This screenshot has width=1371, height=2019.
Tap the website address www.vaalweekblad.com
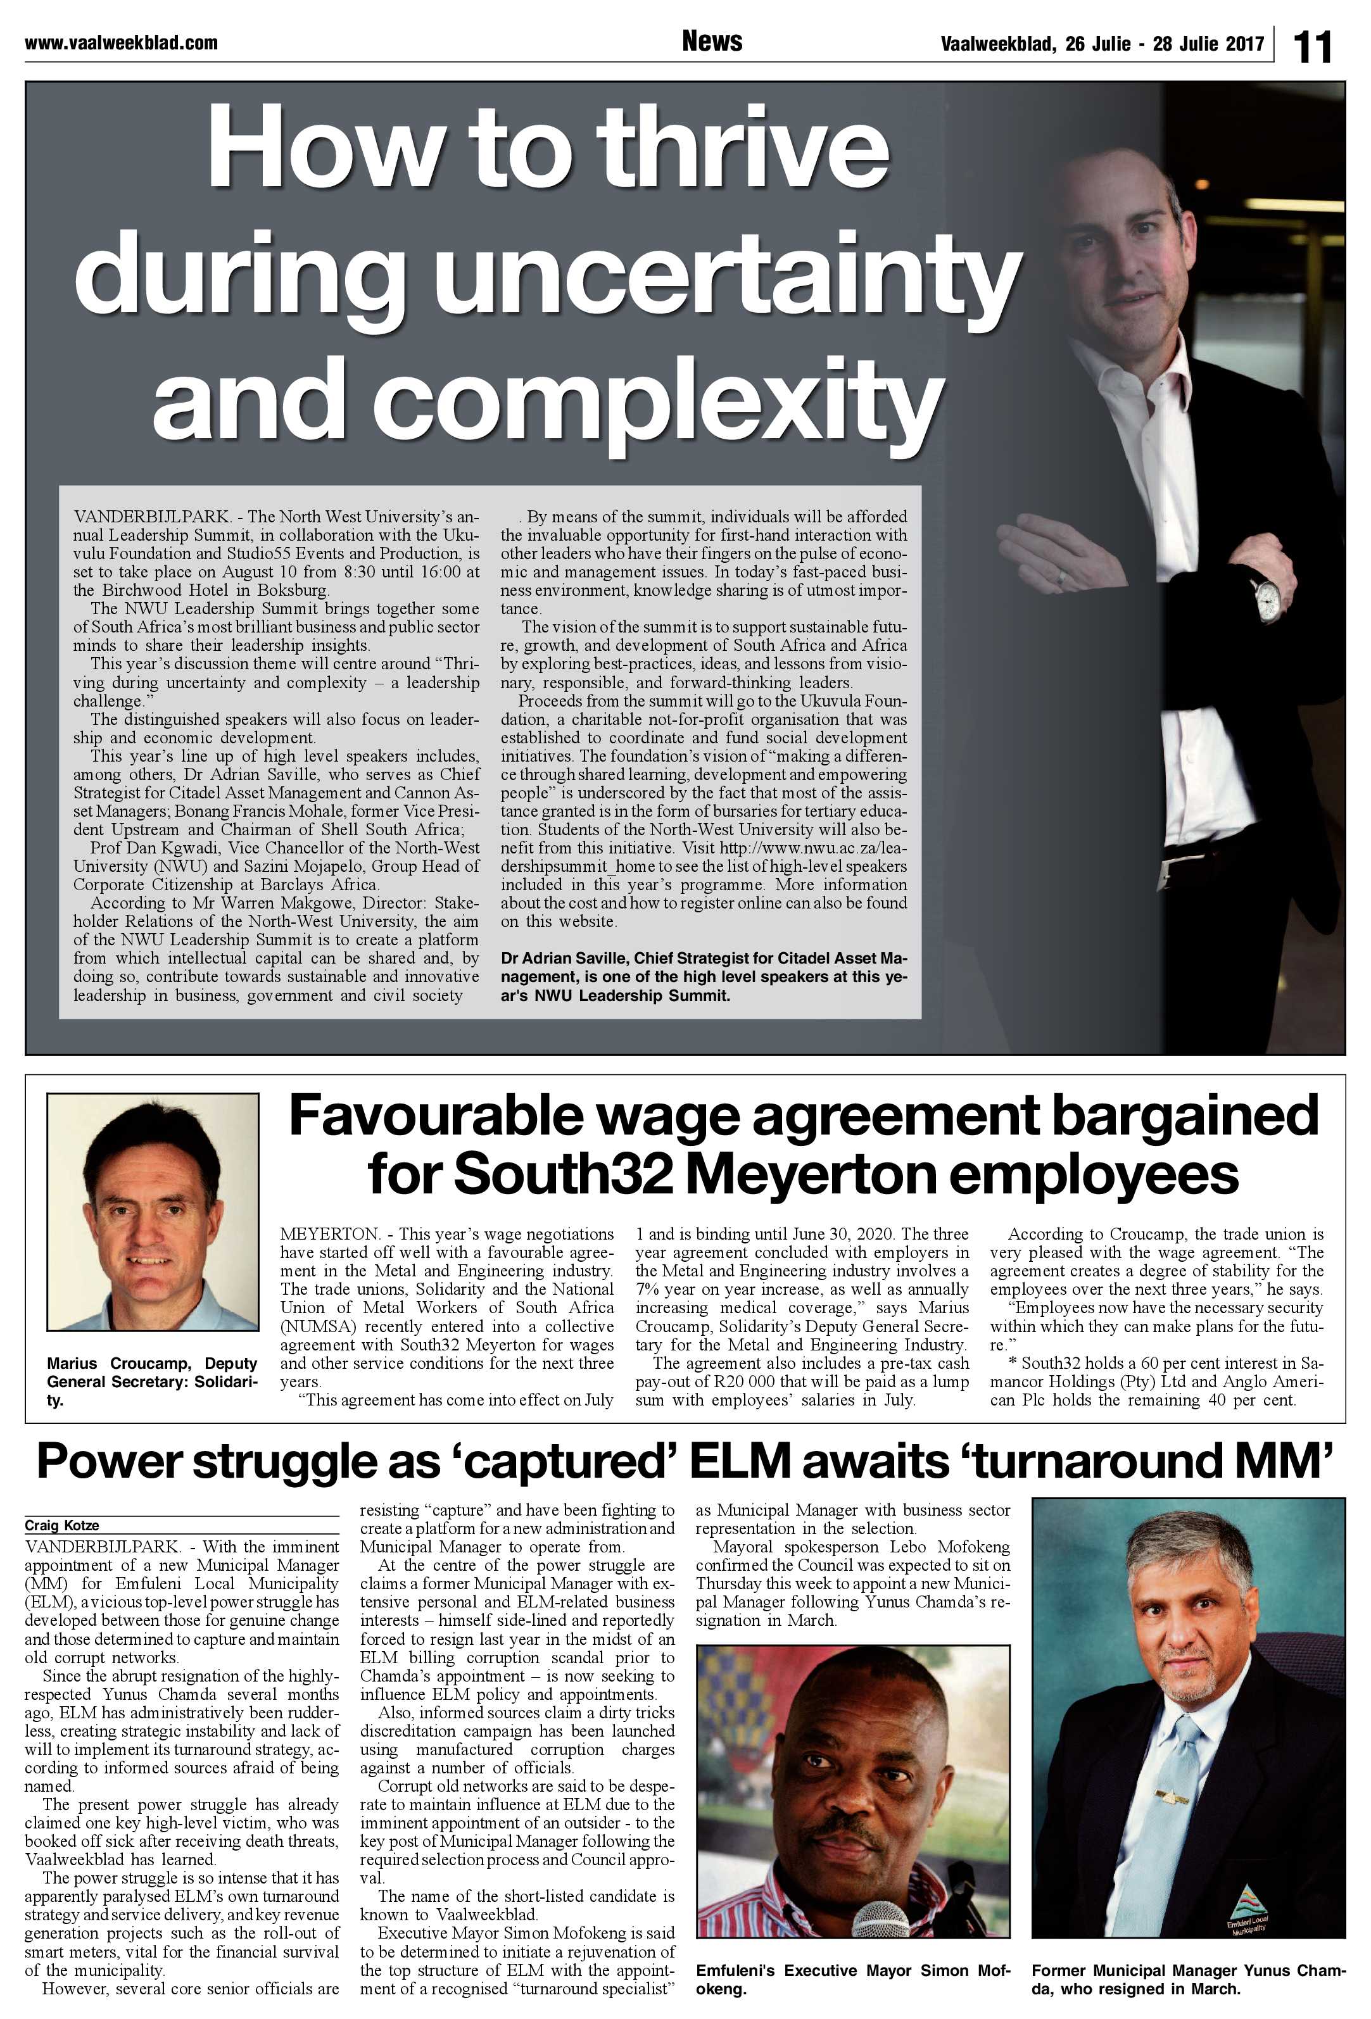121,42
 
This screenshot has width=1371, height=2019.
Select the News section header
712,41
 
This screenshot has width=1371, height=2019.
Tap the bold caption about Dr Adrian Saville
704,976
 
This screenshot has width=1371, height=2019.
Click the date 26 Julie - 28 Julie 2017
1102,44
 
